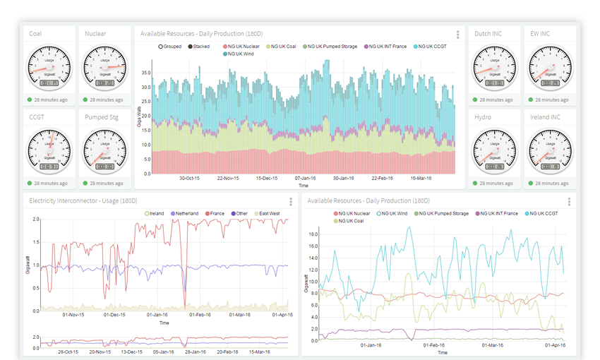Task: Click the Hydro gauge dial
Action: [494, 151]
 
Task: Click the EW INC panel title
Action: [540, 33]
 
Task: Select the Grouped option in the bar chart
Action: [169, 47]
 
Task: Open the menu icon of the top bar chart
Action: [458, 34]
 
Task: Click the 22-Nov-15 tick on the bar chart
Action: [229, 179]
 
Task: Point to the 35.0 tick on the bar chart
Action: [145, 72]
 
